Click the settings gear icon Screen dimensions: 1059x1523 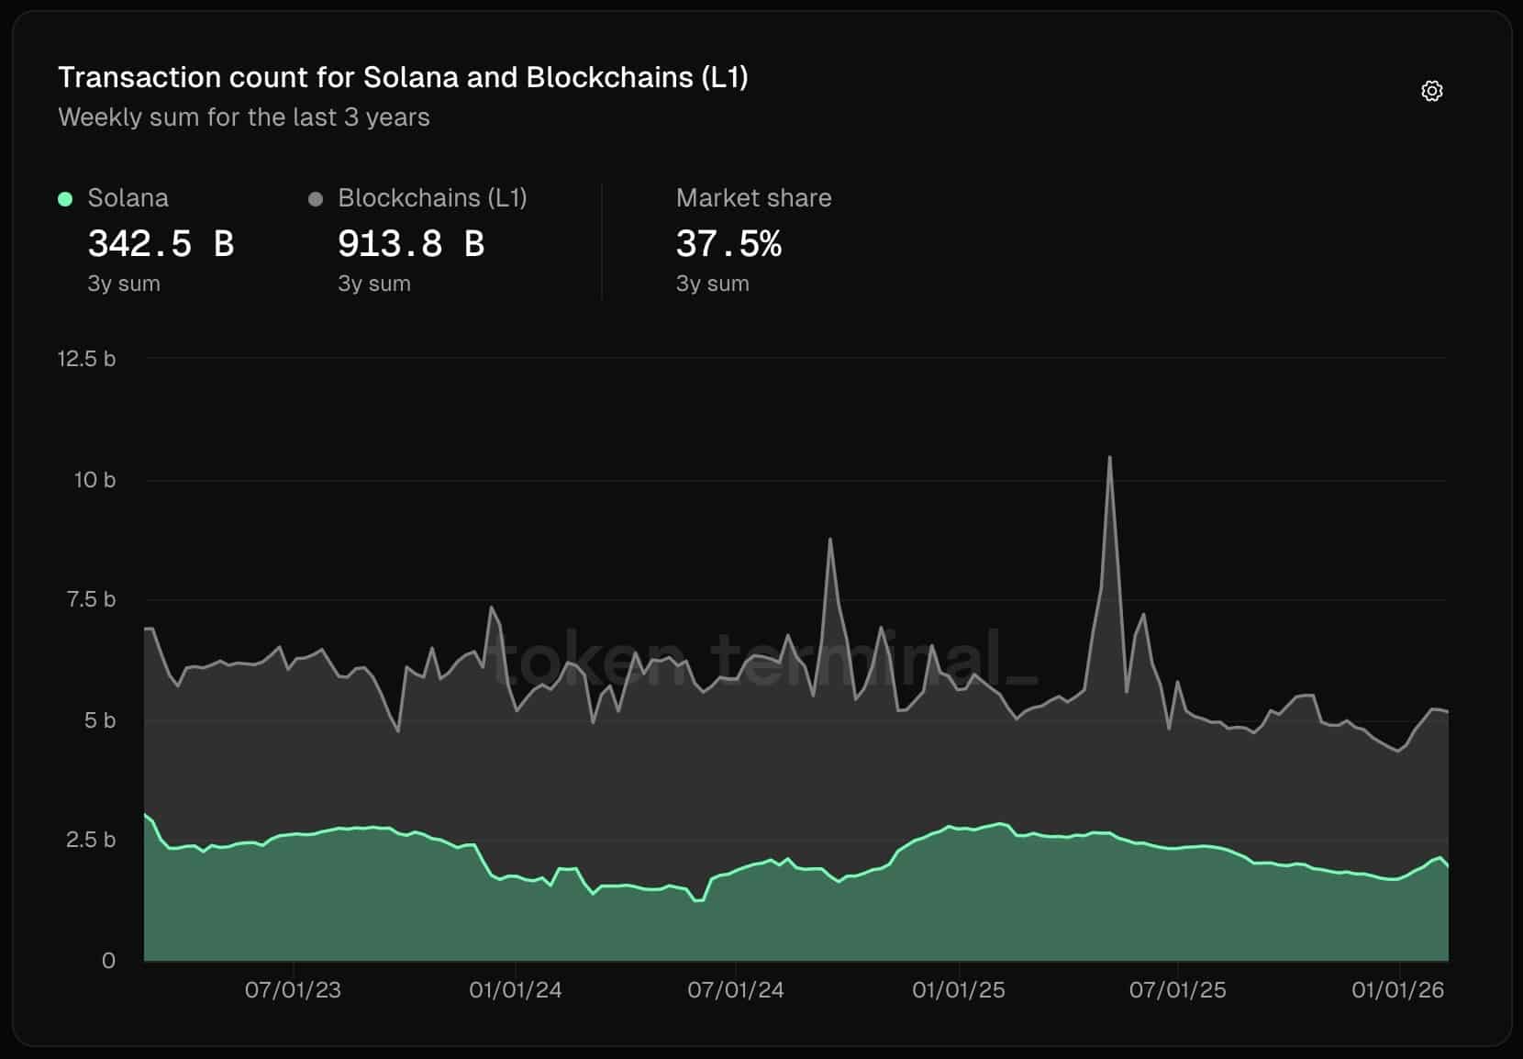tap(1431, 91)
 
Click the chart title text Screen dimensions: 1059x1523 tap(403, 77)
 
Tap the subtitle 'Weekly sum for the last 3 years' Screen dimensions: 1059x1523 tap(243, 117)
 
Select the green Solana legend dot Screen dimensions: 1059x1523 tap(65, 199)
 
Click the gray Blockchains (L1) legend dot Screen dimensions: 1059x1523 tap(316, 199)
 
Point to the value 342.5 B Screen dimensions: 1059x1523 tap(161, 244)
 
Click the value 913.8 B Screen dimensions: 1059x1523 tap(410, 244)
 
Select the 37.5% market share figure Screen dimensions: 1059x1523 tap(728, 244)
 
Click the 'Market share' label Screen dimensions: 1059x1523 tap(753, 198)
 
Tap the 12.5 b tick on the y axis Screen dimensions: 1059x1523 tap(86, 359)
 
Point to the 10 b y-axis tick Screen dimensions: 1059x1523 tap(94, 480)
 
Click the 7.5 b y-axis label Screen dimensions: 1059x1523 tap(90, 600)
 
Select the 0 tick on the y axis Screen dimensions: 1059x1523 tap(108, 961)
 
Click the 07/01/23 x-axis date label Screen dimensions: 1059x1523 tap(293, 990)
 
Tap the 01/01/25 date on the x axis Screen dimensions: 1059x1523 tap(958, 990)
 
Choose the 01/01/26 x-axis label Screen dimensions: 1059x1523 tap(1397, 990)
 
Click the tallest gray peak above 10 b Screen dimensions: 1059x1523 tap(1109, 458)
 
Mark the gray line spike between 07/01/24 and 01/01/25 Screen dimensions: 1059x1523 tap(830, 541)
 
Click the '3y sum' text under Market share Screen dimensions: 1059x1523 tap(712, 284)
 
